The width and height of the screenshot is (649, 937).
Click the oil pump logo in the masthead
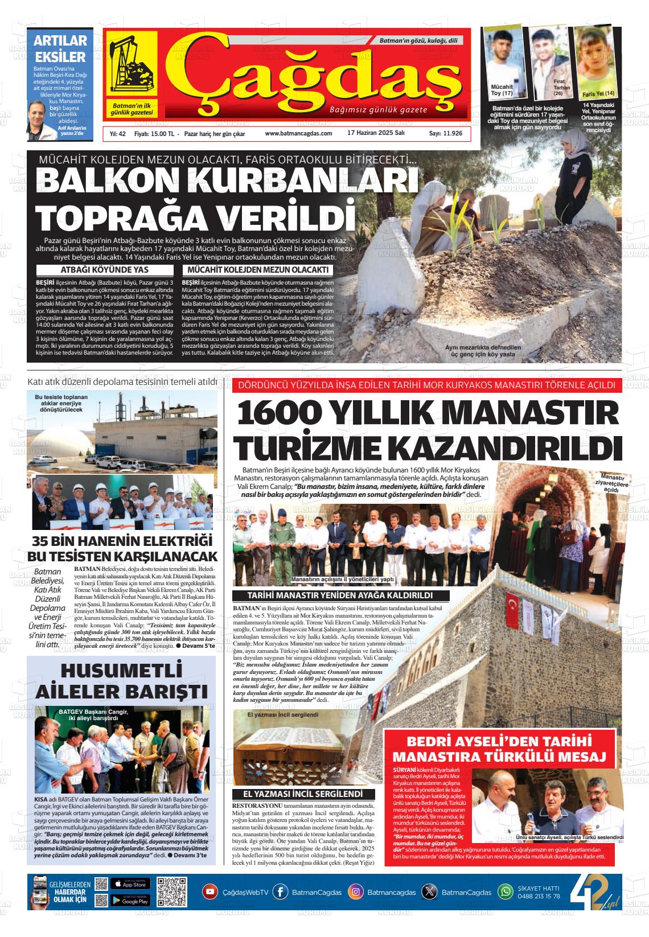(x=130, y=65)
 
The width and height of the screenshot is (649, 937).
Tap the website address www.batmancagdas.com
(x=298, y=133)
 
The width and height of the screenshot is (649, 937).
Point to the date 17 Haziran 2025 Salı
(x=376, y=133)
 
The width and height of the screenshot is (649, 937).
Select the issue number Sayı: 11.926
(x=445, y=133)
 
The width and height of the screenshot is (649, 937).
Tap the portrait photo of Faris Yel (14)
(x=594, y=60)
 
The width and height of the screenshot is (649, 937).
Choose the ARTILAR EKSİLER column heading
(x=60, y=48)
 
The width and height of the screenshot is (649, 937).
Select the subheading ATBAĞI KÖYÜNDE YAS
(x=104, y=270)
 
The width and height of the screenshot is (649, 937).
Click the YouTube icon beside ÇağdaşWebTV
(x=210, y=892)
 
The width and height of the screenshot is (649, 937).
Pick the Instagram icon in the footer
(x=356, y=892)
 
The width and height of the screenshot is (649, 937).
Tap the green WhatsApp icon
(x=506, y=892)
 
